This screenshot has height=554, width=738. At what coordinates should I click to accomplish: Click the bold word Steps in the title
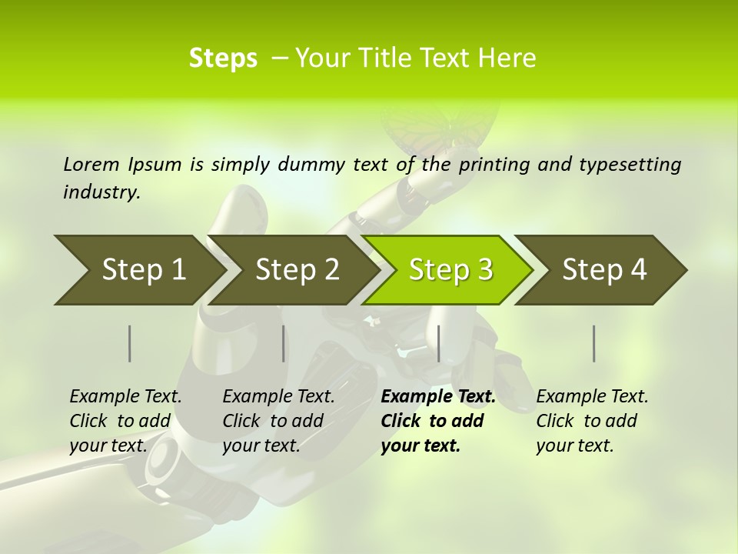223,58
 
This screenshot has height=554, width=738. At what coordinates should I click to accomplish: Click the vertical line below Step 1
130,343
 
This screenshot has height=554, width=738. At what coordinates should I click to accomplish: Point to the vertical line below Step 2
284,343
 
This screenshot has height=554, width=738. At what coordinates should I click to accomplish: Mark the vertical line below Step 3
438,343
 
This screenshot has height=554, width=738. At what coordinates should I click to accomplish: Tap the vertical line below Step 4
594,343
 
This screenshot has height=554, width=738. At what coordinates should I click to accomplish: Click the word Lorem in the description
91,164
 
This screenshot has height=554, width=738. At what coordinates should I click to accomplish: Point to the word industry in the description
101,192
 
